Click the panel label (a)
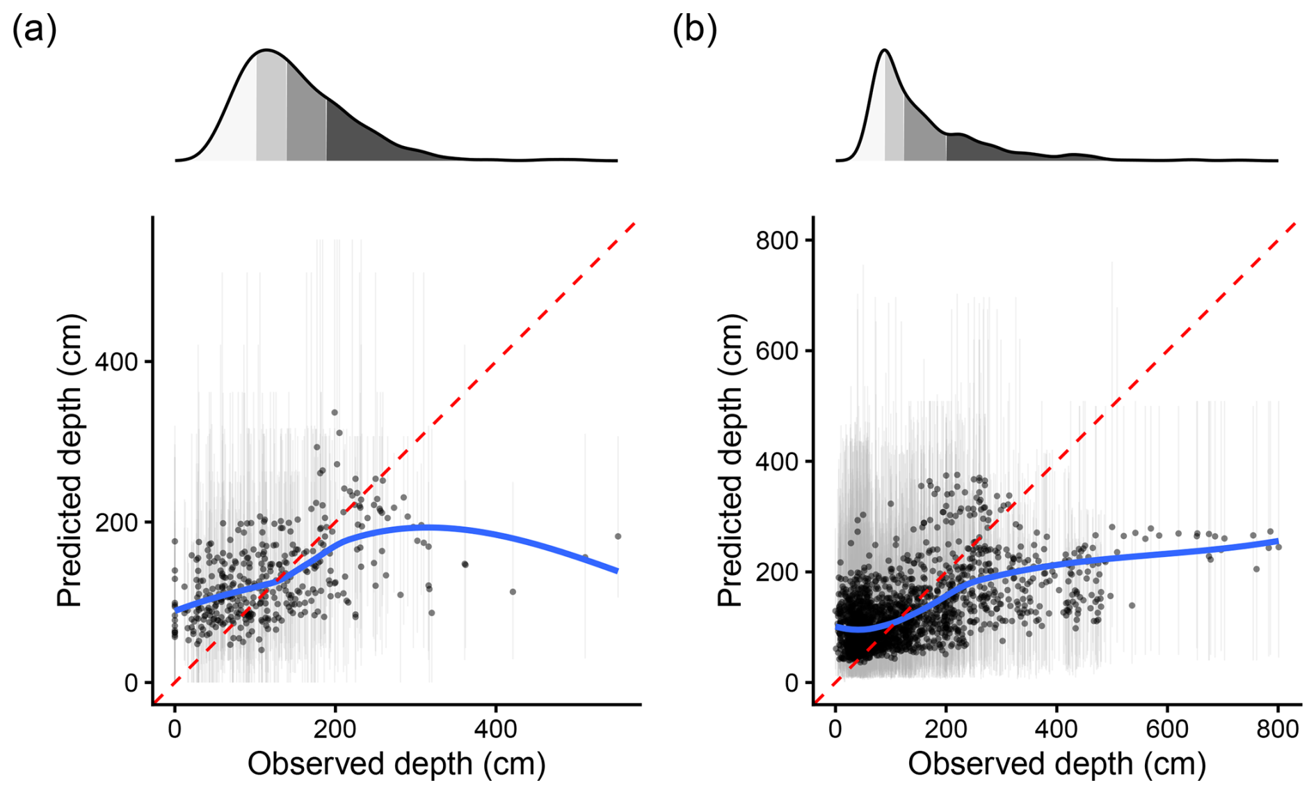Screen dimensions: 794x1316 [34, 31]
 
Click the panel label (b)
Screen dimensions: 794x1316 [694, 31]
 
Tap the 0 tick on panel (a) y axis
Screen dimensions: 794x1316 [131, 683]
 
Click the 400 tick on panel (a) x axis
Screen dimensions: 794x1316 [495, 729]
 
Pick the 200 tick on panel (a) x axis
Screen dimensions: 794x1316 [335, 729]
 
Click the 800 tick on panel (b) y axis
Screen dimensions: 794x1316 [776, 240]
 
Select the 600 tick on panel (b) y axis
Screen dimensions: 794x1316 [776, 350]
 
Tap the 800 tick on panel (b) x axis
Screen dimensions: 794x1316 [1278, 729]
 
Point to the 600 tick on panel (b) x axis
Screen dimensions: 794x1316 [1167, 729]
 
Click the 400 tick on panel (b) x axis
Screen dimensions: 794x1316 [1057, 729]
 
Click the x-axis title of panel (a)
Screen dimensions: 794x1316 [396, 763]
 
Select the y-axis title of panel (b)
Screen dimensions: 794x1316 [730, 461]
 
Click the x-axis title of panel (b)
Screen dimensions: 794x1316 [1057, 763]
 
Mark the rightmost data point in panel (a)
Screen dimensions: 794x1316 [618, 536]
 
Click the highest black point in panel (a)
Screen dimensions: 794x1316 [334, 412]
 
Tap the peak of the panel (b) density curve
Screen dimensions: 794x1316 [884, 50]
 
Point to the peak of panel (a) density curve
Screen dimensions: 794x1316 [266, 50]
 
